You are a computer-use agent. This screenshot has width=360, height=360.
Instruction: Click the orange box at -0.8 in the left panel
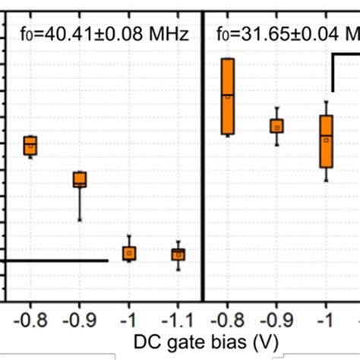pyautogui.click(x=30, y=145)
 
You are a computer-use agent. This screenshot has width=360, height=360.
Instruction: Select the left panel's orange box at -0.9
pyautogui.click(x=80, y=180)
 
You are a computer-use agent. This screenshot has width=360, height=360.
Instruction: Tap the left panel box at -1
pyautogui.click(x=129, y=253)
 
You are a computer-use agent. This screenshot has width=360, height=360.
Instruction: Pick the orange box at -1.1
pyautogui.click(x=178, y=254)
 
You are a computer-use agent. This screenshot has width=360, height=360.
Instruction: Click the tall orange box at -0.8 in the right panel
pyautogui.click(x=227, y=96)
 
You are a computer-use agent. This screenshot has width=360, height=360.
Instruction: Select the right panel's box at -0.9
pyautogui.click(x=277, y=125)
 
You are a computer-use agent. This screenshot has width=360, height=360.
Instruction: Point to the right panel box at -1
pyautogui.click(x=327, y=141)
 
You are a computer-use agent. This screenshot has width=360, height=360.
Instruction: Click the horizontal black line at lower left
pyautogui.click(x=53, y=261)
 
